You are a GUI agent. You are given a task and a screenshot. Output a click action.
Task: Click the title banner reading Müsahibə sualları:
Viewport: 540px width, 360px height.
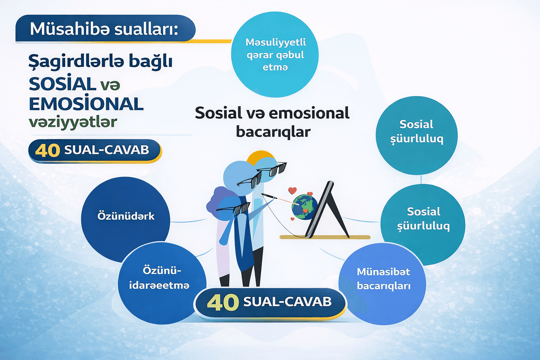coord(105,29)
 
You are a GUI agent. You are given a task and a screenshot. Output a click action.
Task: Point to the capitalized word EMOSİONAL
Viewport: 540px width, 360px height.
coord(86,104)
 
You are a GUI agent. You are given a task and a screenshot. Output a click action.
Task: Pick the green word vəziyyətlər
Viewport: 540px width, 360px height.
coord(73,122)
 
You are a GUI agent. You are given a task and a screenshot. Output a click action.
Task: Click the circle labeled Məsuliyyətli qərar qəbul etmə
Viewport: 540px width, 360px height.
coord(275,55)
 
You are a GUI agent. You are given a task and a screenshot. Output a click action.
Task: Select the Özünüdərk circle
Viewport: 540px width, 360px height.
coord(126,216)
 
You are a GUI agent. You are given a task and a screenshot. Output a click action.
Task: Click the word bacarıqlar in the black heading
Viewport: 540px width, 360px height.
coord(273,132)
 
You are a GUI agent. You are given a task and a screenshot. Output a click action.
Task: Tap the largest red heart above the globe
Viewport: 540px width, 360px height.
coord(292,191)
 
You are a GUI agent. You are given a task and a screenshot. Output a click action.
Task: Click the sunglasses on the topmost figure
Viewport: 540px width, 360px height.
coord(273,169)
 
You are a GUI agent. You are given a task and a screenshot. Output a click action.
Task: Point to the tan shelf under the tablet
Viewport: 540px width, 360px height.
coord(325,237)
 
